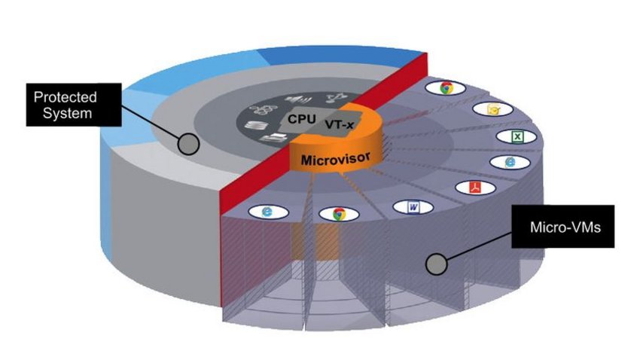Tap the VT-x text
(x=340, y=123)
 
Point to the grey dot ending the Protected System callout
(x=188, y=143)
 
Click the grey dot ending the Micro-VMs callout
(x=435, y=264)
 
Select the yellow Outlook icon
(x=492, y=109)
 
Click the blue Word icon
(x=413, y=206)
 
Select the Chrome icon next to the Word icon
(x=337, y=213)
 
